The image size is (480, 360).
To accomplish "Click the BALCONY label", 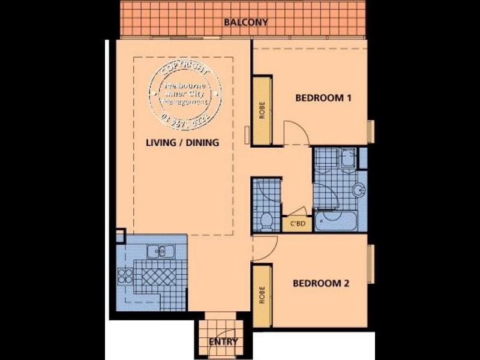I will pos(245,23).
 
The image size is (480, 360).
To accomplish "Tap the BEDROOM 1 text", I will pos(323,98).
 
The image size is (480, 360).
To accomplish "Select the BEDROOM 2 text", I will pos(320,284).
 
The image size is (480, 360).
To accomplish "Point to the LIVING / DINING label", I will pos(182,143).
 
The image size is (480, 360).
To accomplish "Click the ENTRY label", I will pos(223,343).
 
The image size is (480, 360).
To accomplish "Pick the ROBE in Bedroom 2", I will pos(262,297).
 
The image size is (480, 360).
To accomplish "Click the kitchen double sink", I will pos(159,251).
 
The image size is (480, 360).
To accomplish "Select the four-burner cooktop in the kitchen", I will pos(125,277).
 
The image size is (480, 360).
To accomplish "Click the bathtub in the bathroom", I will pos(335,222).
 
